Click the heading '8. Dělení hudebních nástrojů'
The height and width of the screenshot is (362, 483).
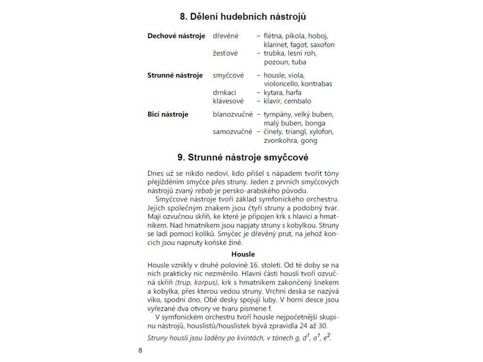pyautogui.click(x=243, y=17)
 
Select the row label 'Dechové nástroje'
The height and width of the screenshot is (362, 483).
pyautogui.click(x=176, y=36)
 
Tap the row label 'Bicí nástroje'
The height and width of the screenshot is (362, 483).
pyautogui.click(x=168, y=114)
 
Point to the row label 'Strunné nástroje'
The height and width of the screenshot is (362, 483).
pyautogui.click(x=175, y=75)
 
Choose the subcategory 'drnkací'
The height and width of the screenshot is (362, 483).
pyautogui.click(x=225, y=92)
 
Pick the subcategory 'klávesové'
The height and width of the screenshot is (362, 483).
pyautogui.click(x=229, y=101)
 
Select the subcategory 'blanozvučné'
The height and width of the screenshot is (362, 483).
pyautogui.click(x=233, y=114)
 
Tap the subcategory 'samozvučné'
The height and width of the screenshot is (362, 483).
pyautogui.click(x=233, y=132)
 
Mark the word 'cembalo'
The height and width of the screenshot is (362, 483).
pyautogui.click(x=298, y=101)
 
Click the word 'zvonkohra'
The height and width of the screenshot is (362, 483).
pyautogui.click(x=281, y=140)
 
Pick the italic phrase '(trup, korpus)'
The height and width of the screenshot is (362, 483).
pyautogui.click(x=199, y=282)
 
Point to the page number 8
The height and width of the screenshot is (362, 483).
pyautogui.click(x=140, y=350)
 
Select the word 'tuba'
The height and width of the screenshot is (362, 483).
pyautogui.click(x=299, y=62)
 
